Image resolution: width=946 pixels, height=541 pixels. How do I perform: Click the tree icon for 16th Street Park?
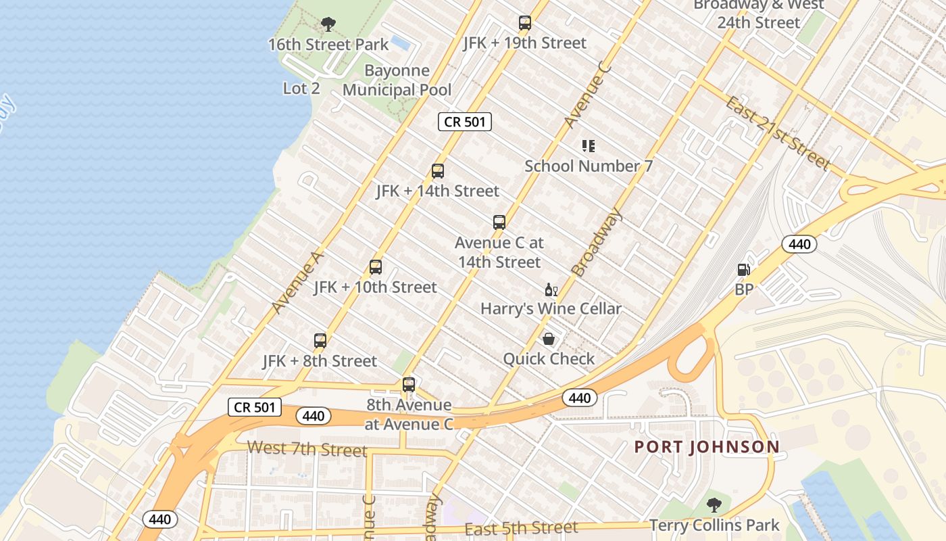click(328, 25)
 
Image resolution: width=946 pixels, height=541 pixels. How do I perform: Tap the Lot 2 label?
click(301, 89)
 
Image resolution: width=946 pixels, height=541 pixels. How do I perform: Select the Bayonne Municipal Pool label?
click(397, 80)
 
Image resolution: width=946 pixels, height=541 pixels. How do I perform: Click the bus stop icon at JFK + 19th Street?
click(525, 23)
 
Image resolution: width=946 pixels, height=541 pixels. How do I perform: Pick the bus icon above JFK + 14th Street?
click(438, 171)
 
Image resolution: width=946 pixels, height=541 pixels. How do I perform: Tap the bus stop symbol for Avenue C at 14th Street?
click(499, 222)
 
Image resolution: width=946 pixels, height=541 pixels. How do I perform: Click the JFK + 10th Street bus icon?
click(376, 267)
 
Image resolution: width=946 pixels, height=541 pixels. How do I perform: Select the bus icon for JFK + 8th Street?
click(320, 341)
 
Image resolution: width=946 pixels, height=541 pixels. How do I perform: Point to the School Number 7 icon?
click(588, 146)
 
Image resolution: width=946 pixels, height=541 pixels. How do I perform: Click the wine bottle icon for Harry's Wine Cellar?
click(551, 289)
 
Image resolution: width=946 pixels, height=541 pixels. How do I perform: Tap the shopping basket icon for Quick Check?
click(549, 339)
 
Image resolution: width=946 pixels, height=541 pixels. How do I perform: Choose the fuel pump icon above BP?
click(744, 270)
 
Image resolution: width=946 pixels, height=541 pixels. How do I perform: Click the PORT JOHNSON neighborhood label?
click(707, 447)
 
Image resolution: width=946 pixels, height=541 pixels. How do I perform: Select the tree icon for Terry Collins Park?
click(714, 505)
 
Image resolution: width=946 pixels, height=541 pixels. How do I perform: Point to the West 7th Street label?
click(307, 448)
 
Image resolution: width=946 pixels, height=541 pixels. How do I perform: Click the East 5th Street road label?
click(521, 528)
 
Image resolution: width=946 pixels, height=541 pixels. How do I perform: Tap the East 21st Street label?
click(777, 133)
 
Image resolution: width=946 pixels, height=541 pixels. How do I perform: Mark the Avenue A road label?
click(298, 283)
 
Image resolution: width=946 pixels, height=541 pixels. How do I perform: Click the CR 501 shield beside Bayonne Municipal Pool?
click(465, 122)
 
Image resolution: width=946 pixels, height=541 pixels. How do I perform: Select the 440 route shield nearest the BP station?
click(799, 244)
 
